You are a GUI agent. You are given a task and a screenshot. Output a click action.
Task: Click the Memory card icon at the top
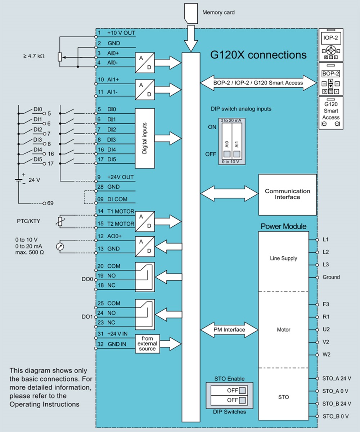pyautogui.click(x=191, y=13)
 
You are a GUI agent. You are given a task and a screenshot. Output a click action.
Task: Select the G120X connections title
pyautogui.click(x=258, y=55)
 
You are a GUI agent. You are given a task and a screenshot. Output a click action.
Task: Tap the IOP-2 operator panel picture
pyautogui.click(x=330, y=45)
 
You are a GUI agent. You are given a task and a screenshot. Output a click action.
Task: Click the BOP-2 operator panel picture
pyautogui.click(x=330, y=79)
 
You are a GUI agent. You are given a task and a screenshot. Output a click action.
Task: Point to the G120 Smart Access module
pyautogui.click(x=330, y=113)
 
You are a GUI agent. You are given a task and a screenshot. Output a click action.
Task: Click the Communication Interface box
pyautogui.click(x=287, y=194)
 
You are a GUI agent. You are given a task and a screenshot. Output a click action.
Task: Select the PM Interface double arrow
pyautogui.click(x=229, y=330)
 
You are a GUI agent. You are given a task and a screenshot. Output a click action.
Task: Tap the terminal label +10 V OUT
pyautogui.click(x=121, y=33)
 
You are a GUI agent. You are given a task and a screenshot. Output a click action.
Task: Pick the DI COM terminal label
pyautogui.click(x=117, y=199)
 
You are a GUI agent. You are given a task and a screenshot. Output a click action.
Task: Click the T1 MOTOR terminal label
pyautogui.click(x=121, y=212)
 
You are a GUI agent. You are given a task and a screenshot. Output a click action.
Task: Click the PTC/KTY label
pyautogui.click(x=28, y=221)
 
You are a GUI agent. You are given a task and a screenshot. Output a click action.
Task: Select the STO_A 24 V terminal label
pyautogui.click(x=337, y=378)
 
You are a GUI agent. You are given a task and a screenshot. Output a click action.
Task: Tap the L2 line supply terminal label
pyautogui.click(x=326, y=252)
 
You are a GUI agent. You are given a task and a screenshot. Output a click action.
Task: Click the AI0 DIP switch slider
pyautogui.click(x=227, y=154)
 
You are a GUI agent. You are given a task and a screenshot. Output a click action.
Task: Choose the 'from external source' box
pyautogui.click(x=147, y=344)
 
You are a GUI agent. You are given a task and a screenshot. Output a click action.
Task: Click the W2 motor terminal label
pyautogui.click(x=327, y=355)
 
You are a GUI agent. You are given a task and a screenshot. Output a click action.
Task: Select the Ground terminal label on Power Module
pyautogui.click(x=331, y=277)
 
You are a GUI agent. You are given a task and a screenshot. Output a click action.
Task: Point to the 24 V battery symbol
pyautogui.click(x=18, y=180)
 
